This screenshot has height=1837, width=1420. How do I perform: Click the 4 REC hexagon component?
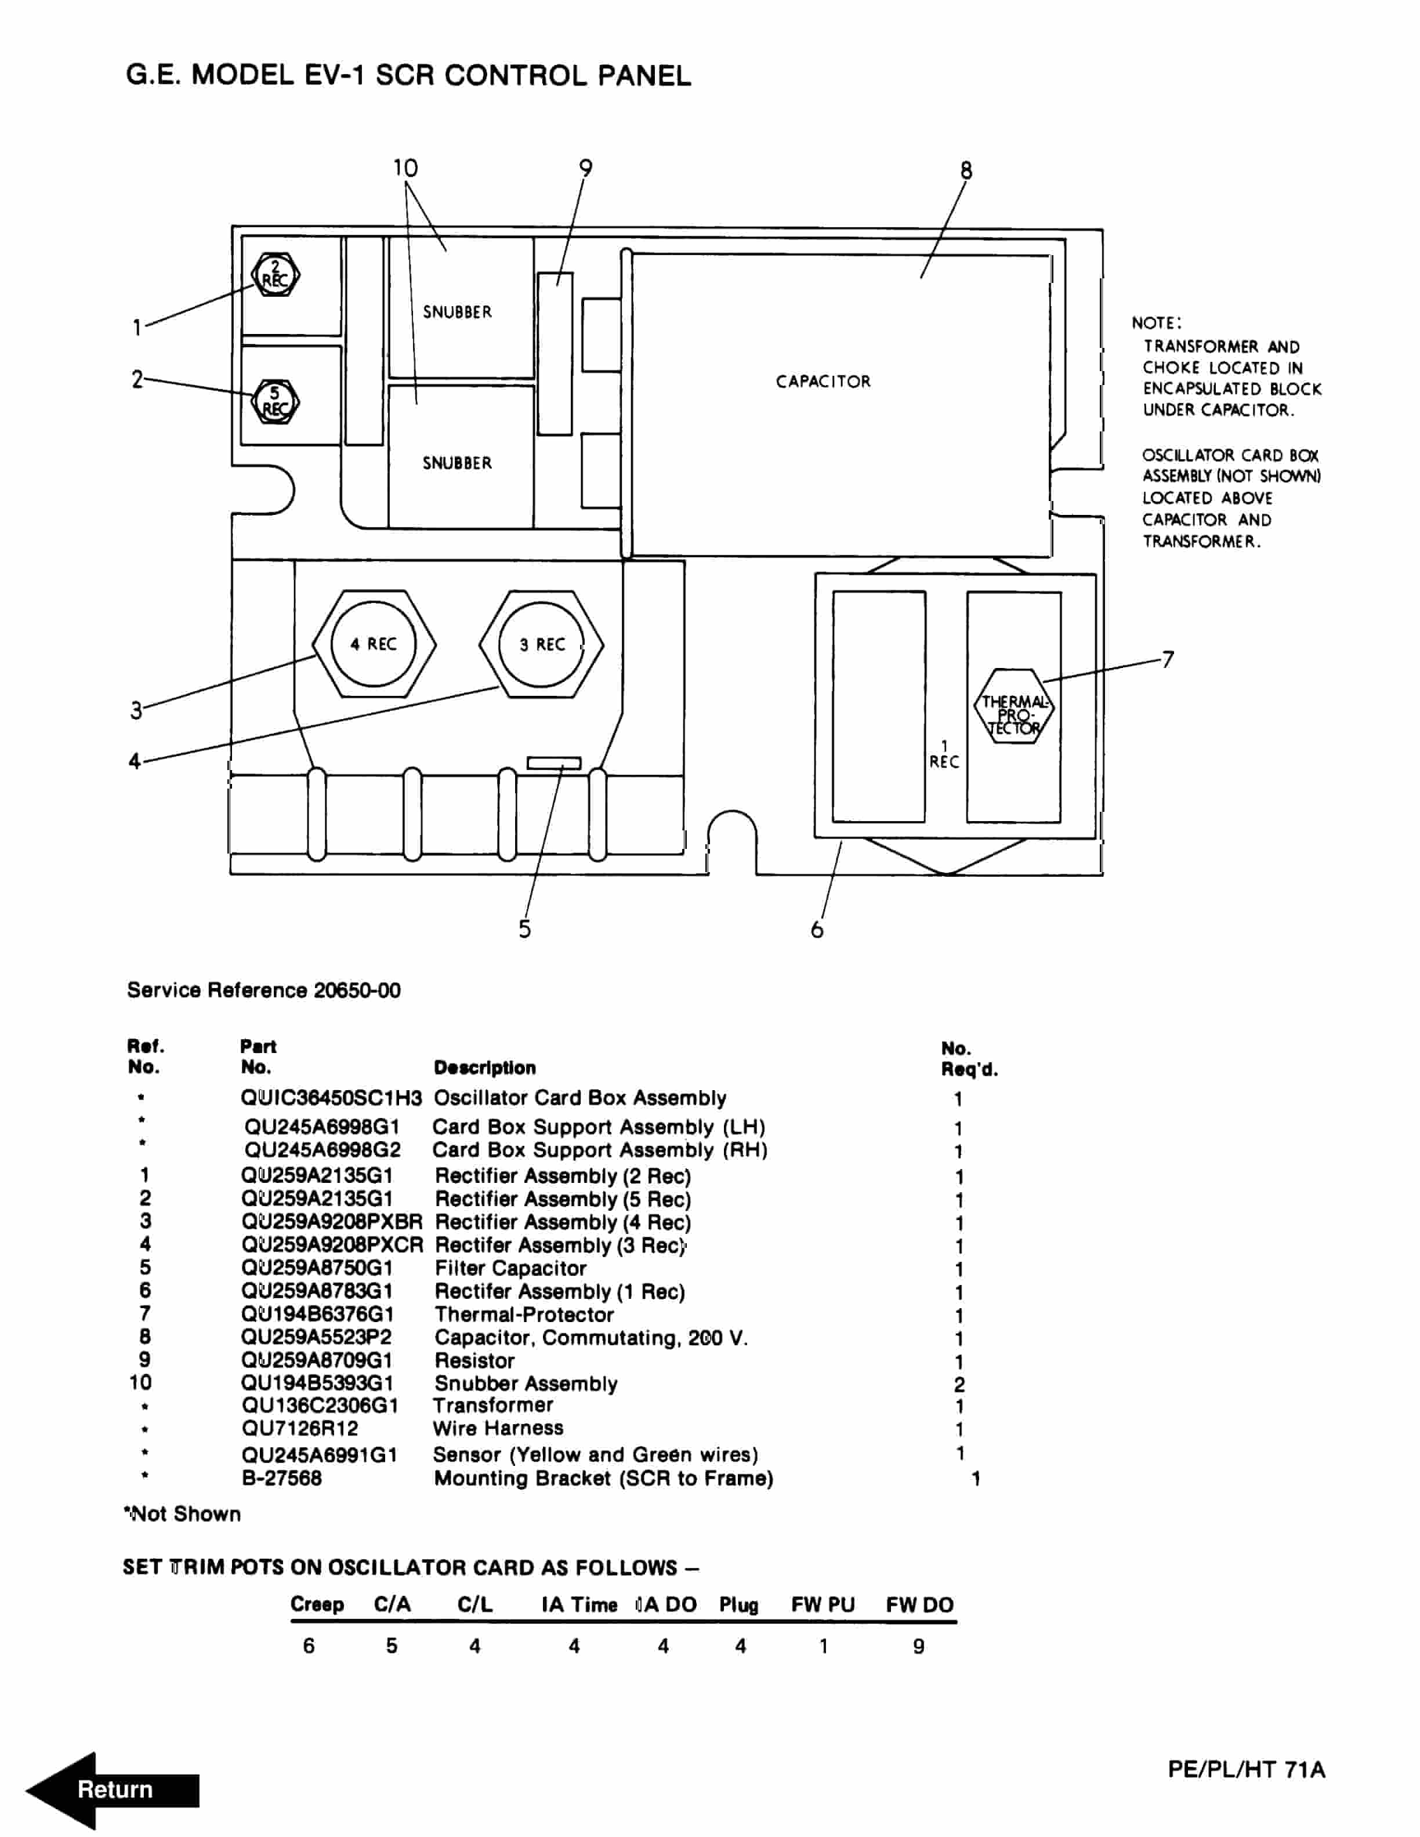tap(374, 644)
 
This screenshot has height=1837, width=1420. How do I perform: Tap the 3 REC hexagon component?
tap(541, 644)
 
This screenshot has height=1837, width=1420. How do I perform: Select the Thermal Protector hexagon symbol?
tap(1014, 706)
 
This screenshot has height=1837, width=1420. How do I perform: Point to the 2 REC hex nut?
tap(274, 275)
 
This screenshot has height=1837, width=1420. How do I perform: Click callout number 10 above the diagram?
tap(405, 168)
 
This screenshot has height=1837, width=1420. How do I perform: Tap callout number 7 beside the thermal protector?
tap(1168, 659)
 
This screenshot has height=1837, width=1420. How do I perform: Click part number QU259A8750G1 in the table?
tap(317, 1268)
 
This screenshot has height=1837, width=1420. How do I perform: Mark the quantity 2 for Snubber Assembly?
tap(959, 1385)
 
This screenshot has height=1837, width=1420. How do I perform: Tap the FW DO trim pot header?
tap(919, 1605)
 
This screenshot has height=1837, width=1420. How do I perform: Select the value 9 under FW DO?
tap(919, 1646)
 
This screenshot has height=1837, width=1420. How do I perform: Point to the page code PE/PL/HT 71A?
tap(1246, 1770)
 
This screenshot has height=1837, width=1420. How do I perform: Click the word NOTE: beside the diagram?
tap(1156, 323)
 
